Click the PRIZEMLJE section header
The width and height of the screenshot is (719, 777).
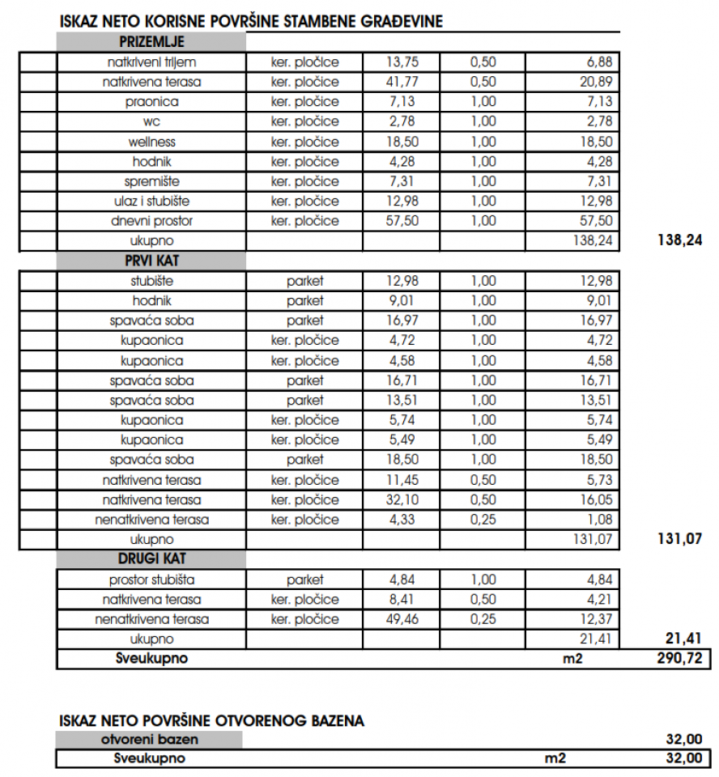point(151,42)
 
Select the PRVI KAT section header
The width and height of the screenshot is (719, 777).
point(151,261)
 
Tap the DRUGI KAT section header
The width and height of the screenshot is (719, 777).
point(151,559)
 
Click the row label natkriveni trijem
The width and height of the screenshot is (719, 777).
point(151,62)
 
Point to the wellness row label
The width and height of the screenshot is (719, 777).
point(151,142)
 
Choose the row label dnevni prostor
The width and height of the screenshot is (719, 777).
point(151,221)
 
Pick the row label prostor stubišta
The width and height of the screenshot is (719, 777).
point(151,580)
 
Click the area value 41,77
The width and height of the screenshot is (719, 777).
point(403,82)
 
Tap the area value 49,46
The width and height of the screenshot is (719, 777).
point(403,619)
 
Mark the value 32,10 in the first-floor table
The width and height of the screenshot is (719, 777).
point(403,499)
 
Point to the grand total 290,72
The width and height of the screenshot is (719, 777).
point(679,659)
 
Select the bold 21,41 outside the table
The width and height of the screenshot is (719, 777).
point(683,639)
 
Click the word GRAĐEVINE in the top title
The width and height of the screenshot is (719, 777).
point(402,22)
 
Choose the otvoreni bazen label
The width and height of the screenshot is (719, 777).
point(150,739)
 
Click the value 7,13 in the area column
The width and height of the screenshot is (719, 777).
point(403,102)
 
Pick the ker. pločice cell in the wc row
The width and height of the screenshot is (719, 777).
point(304,121)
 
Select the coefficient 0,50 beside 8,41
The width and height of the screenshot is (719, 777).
point(483,600)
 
